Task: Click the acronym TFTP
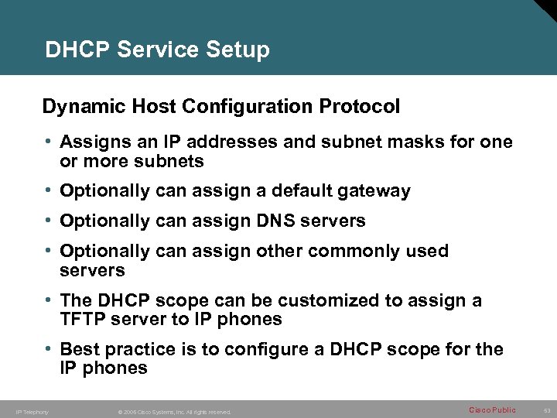pyautogui.click(x=84, y=319)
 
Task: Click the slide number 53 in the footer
pyautogui.click(x=547, y=410)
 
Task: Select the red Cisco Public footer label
pyautogui.click(x=493, y=410)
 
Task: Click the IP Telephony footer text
pyautogui.click(x=32, y=412)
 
